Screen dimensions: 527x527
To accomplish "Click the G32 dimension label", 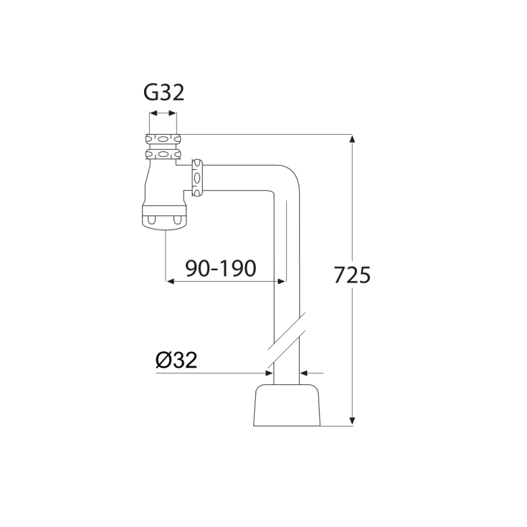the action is coord(164,92).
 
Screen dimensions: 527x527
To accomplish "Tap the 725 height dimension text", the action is coord(352,275).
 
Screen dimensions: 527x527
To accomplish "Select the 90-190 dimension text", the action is coord(221,268).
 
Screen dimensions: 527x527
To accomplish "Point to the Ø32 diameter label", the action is coord(176,360).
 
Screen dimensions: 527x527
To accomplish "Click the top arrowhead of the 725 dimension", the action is coord(352,139).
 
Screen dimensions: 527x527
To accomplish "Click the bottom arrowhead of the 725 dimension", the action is coord(352,421).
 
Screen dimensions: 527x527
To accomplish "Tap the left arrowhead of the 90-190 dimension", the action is coord(171,281).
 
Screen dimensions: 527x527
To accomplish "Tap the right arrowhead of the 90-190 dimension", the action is coord(281,281).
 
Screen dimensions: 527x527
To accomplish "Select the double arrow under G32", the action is coord(163,113).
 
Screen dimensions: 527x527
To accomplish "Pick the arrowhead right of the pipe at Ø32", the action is coord(304,373).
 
